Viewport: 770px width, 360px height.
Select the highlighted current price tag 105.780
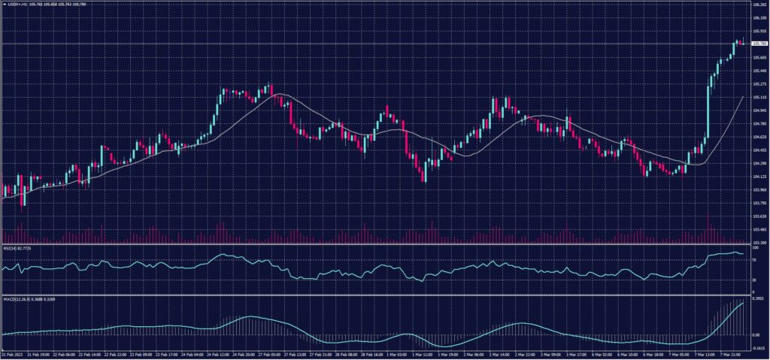coord(758,44)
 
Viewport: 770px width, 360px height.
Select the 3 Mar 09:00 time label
coord(553,353)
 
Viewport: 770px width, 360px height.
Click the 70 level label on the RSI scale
coord(753,259)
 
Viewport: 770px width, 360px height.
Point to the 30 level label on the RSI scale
coord(753,280)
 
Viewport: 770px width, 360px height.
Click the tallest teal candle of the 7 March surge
coord(708,113)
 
